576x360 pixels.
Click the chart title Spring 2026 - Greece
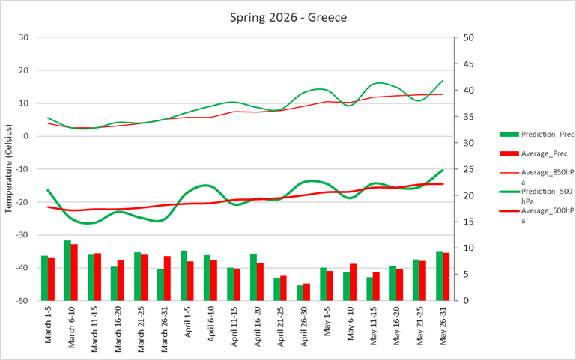[288, 16]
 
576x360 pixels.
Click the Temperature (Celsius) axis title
[9, 169]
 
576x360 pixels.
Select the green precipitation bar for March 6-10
[67, 270]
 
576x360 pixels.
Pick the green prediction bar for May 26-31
[440, 275]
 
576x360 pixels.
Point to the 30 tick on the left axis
[23, 37]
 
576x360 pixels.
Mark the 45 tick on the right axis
[467, 64]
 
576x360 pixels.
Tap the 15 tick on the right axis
[467, 222]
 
